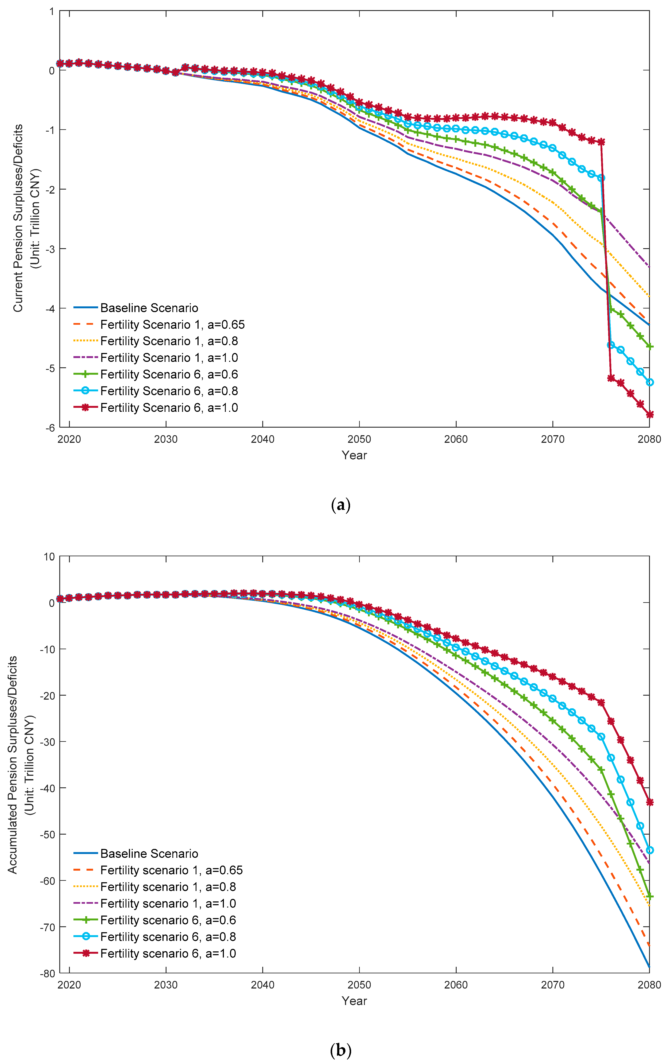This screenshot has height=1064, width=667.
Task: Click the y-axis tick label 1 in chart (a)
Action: (52, 11)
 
